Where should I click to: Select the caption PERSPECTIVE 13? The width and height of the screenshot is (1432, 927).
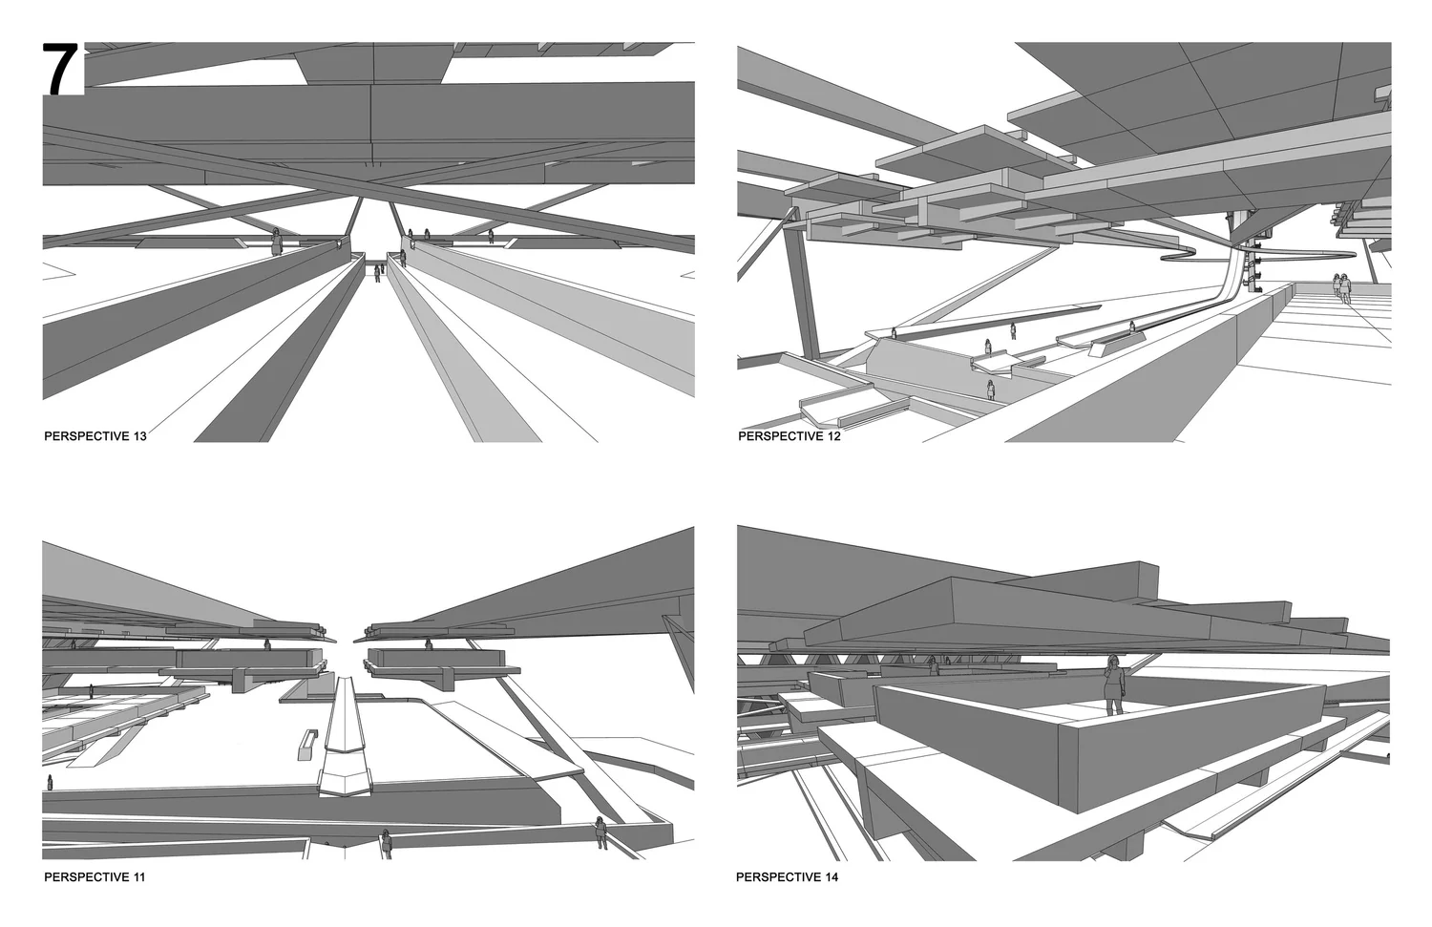95,436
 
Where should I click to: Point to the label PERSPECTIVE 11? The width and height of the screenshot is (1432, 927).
95,875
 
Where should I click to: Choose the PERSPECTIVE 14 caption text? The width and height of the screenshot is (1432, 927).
788,875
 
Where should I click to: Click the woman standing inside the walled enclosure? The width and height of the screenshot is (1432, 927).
1113,685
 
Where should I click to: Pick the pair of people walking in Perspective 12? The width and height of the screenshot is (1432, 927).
1342,287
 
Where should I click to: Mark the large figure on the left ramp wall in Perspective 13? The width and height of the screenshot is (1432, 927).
277,242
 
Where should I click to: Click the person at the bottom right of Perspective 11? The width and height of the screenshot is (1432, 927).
600,832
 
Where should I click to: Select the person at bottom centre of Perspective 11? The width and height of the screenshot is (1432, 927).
386,843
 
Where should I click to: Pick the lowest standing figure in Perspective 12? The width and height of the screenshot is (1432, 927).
991,389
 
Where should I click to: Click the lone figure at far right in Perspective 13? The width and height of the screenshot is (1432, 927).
492,235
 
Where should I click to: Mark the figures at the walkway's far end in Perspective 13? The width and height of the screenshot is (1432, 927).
378,272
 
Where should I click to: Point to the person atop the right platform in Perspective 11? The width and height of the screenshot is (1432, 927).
429,644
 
